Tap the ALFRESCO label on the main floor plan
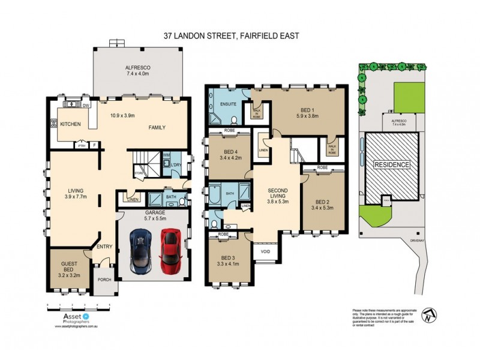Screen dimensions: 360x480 (x=137, y=67)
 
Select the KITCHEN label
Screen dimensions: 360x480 (x=71, y=124)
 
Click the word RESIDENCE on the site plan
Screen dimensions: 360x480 (x=392, y=164)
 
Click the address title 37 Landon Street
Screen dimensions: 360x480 (x=231, y=35)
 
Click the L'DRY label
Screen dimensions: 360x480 (x=176, y=164)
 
